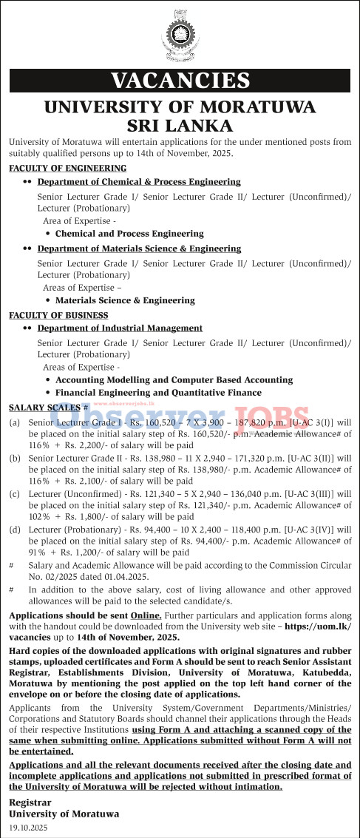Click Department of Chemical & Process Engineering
[x=139, y=181]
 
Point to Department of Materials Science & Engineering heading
[x=139, y=249]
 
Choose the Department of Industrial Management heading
[x=120, y=328]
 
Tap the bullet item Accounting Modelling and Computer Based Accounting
[x=174, y=379]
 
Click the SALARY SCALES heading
[x=44, y=408]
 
